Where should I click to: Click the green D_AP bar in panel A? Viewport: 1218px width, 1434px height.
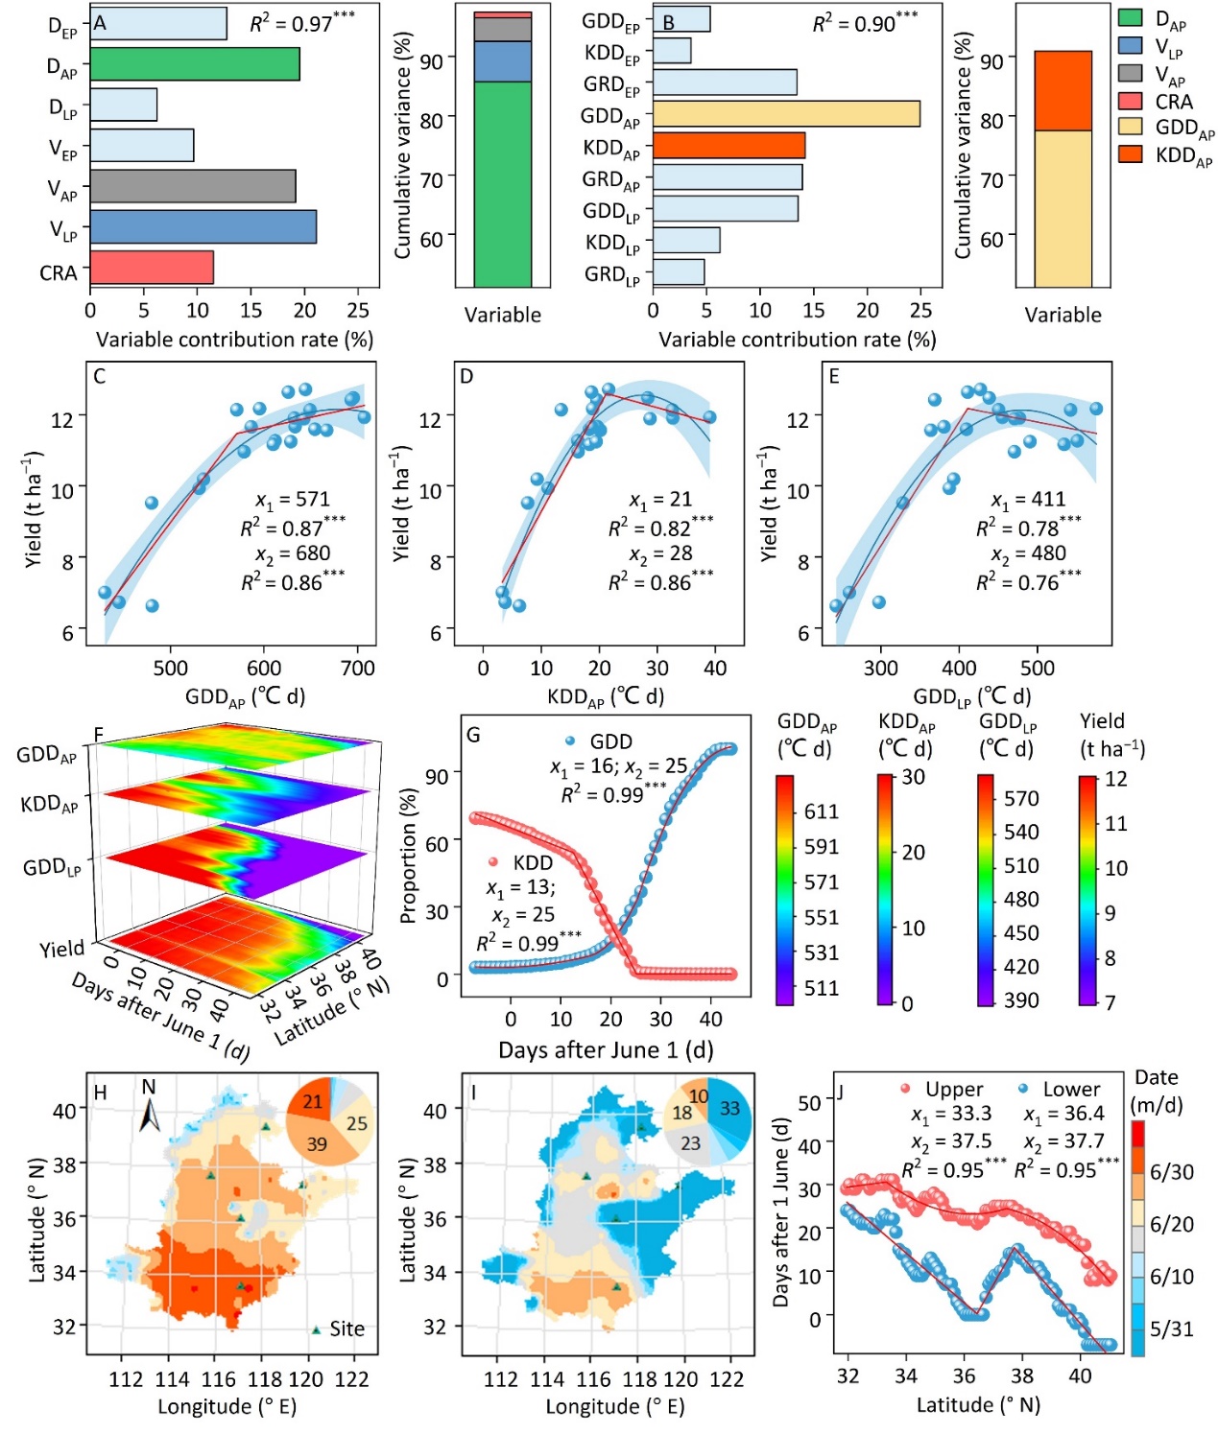195,64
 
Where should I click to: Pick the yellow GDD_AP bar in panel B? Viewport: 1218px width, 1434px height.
785,114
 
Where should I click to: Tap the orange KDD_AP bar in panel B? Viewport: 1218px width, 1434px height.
728,146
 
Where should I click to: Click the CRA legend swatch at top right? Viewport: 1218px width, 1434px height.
1131,102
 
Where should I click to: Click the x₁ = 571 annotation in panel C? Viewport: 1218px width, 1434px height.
292,500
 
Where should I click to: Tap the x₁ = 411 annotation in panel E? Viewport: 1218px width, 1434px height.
1028,500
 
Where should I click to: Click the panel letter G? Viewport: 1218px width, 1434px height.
472,736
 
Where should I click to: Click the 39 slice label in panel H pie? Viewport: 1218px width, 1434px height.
317,1144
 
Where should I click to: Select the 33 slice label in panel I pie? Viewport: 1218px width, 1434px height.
729,1109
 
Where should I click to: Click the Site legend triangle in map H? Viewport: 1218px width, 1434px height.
316,1329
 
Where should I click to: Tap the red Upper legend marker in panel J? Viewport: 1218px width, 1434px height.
905,1089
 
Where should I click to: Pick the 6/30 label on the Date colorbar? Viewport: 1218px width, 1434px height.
1171,1172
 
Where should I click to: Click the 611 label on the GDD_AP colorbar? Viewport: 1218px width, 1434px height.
822,812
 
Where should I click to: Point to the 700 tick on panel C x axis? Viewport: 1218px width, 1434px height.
358,669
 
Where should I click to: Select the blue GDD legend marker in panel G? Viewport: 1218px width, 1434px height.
570,741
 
